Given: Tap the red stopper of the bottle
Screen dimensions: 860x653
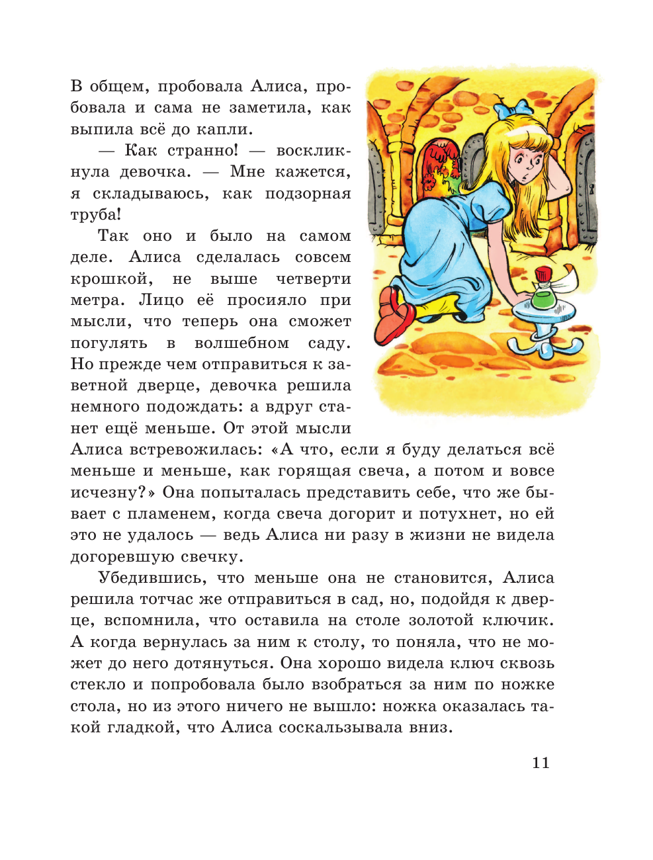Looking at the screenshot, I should pyautogui.click(x=543, y=274).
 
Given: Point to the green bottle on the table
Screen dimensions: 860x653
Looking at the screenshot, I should pyautogui.click(x=543, y=294).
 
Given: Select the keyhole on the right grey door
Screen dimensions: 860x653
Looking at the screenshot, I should pyautogui.click(x=591, y=189).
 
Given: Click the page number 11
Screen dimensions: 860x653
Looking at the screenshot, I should pyautogui.click(x=541, y=763).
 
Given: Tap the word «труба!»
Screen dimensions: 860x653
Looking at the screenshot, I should pyautogui.click(x=96, y=215).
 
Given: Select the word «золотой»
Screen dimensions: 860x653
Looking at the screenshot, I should pyautogui.click(x=441, y=621).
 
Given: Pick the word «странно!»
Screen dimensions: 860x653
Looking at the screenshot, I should pyautogui.click(x=202, y=151).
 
